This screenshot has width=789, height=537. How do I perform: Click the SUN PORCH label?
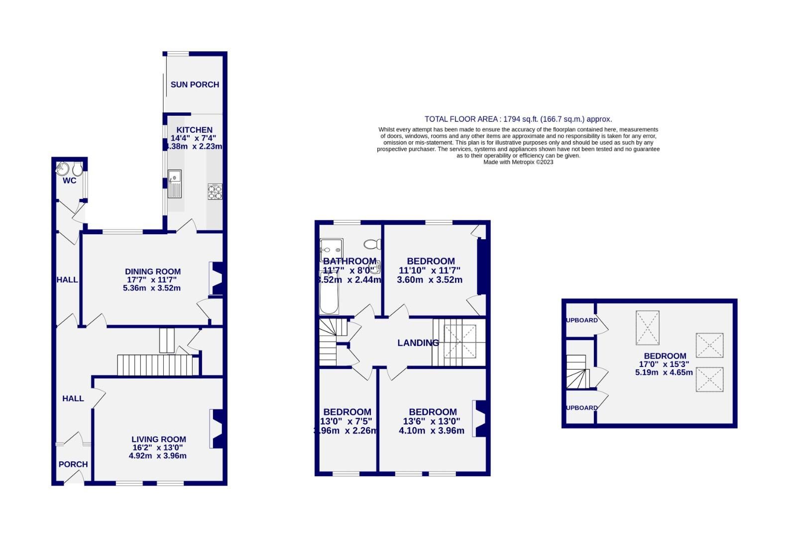(x=195, y=85)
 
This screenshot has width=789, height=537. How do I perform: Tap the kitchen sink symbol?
(x=175, y=183)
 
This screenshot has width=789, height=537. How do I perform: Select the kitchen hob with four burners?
(x=215, y=191)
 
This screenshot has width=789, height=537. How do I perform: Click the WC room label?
(x=69, y=180)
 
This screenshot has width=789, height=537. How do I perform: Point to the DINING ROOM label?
(x=152, y=271)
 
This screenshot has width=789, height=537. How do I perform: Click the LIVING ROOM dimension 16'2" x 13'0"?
(x=158, y=447)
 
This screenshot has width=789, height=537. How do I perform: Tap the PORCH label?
(x=73, y=464)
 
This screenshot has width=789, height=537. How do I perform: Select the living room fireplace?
(x=218, y=429)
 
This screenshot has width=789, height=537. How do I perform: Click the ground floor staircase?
(x=154, y=364)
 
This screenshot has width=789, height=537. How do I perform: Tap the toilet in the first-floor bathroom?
(x=373, y=244)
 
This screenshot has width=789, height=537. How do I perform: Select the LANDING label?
(x=418, y=343)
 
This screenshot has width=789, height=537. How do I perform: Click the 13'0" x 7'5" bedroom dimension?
(x=347, y=421)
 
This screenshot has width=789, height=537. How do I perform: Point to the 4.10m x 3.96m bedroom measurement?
(x=431, y=431)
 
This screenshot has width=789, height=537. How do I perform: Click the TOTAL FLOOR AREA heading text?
(x=518, y=119)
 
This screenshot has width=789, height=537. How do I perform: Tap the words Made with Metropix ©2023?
(x=518, y=162)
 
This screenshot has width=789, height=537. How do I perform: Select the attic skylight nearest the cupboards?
(x=647, y=328)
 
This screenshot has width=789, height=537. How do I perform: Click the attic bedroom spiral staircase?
(x=577, y=371)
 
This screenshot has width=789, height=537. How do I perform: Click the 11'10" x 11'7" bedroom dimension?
(x=430, y=270)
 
